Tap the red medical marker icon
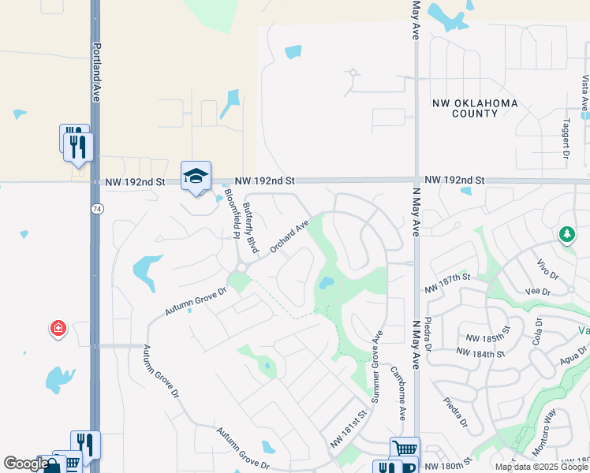coord(58,328)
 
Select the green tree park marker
coord(566,234)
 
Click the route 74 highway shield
coord(95,208)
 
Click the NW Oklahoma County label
coord(475,108)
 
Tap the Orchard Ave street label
coord(289,236)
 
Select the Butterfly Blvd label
coord(252,229)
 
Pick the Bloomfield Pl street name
coord(230,213)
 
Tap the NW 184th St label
coord(482,353)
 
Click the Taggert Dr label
coord(566,140)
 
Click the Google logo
coord(25,464)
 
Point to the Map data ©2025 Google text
coord(540,467)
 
